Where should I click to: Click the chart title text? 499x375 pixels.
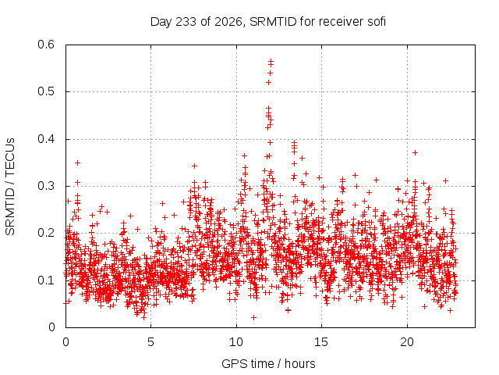pos(268,22)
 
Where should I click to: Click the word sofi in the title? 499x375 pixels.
pos(377,22)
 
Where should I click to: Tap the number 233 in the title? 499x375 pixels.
pos(186,22)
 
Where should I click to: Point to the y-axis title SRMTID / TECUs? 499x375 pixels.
pos(10,187)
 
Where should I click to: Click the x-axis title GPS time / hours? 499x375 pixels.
pos(268,363)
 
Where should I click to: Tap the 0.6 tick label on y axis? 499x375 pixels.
pos(46,45)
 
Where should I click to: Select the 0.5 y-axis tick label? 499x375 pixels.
pos(46,91)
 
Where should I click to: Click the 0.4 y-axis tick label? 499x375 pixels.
pos(46,139)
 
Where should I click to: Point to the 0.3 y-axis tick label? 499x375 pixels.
pos(46,186)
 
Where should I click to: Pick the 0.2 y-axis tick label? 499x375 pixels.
pos(46,233)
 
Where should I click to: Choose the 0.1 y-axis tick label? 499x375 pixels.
pos(46,280)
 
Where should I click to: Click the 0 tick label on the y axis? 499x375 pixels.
pos(51,327)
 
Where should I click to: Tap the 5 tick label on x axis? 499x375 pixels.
pos(150,342)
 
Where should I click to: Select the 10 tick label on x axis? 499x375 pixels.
pos(236,342)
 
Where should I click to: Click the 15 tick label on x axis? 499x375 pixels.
pos(321,342)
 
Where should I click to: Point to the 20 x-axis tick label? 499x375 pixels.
pos(407,342)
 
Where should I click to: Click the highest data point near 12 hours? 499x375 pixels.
pos(271,60)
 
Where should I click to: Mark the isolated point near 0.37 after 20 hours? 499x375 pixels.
pos(415,153)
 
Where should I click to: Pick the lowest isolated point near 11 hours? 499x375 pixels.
pos(253,317)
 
